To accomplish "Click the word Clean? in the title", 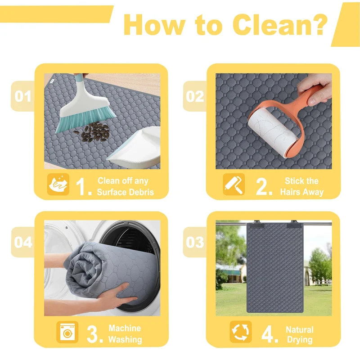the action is coord(279,24).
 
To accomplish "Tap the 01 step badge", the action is coord(23,96).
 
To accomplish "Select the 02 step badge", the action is coord(195,96).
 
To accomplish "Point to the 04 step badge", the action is coord(23,242).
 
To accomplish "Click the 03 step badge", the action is coord(195,242).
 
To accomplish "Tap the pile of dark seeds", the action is coord(94,132).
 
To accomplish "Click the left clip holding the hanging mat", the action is coord(256,224).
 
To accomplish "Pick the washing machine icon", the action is coord(67,332).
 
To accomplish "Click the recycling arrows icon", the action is coord(241,332).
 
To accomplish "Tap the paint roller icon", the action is coord(234,184).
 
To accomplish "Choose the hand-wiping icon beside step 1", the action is coord(58,184).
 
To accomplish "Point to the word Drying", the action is coord(300,340).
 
